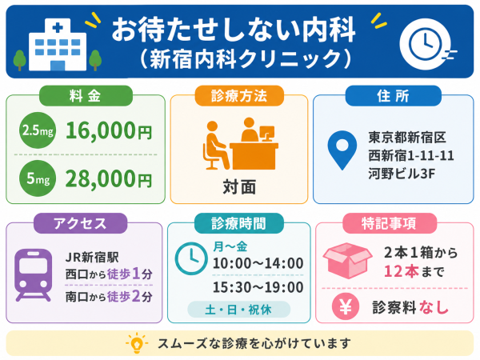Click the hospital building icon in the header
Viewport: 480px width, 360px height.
point(58,45)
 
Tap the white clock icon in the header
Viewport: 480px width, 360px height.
point(426,44)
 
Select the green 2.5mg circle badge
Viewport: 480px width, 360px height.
point(38,130)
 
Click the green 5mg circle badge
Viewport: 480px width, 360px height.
point(38,178)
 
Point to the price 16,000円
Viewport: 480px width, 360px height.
point(109,130)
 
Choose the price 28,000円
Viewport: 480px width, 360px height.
point(109,178)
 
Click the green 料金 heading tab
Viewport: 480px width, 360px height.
point(86,96)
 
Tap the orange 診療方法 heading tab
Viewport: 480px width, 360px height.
point(239,96)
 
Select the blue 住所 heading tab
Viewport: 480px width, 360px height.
point(394,96)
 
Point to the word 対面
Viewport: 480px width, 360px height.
point(239,187)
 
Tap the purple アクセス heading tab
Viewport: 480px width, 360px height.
point(80,223)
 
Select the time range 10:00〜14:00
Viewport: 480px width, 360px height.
point(258,263)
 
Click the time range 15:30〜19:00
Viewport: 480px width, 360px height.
point(258,287)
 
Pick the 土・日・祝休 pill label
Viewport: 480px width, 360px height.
point(238,310)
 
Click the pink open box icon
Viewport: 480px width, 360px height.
point(347,261)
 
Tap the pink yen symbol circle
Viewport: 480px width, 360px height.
point(346,306)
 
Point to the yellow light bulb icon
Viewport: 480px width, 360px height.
point(137,342)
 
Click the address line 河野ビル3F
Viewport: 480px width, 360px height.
point(402,174)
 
